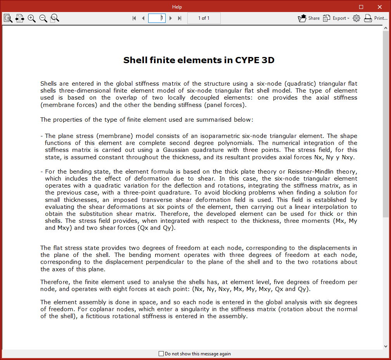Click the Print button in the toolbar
[375, 18]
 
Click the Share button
[309, 18]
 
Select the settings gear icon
[356, 18]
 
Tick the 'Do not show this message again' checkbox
[161, 354]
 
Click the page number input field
[157, 18]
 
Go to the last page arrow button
[180, 18]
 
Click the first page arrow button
[134, 18]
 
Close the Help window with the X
[379, 7]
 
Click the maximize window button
[361, 7]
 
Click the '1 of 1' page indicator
[204, 18]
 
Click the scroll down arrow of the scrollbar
[386, 346]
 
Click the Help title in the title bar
[177, 7]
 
